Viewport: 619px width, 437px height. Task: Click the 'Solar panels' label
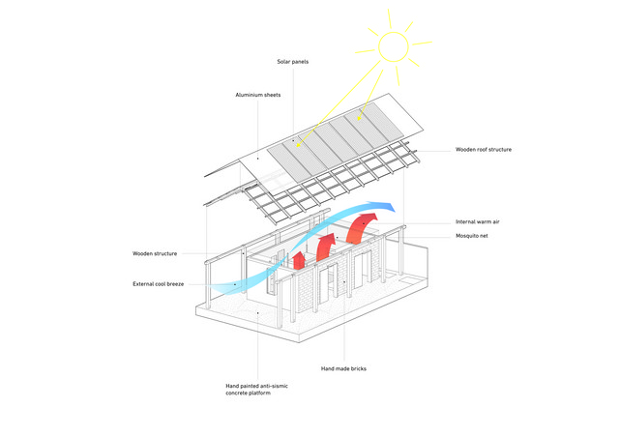click(292, 62)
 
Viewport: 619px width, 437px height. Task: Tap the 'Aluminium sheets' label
click(258, 95)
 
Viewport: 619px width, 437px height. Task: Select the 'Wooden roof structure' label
click(484, 150)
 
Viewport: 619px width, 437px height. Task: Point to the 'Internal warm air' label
click(477, 221)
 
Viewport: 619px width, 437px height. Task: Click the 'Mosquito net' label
click(472, 236)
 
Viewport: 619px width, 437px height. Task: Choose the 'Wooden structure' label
click(155, 253)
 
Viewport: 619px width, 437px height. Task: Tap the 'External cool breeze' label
click(158, 284)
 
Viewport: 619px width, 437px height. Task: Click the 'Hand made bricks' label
click(343, 368)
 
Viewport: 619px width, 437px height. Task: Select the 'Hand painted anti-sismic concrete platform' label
click(256, 390)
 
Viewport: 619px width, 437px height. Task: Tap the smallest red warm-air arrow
click(299, 260)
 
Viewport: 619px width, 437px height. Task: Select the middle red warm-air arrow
click(325, 247)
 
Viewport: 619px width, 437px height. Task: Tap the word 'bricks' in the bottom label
click(359, 368)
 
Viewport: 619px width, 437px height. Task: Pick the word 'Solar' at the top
click(283, 62)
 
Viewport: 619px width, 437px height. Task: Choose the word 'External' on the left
click(143, 284)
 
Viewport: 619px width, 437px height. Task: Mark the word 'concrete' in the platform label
click(236, 393)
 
